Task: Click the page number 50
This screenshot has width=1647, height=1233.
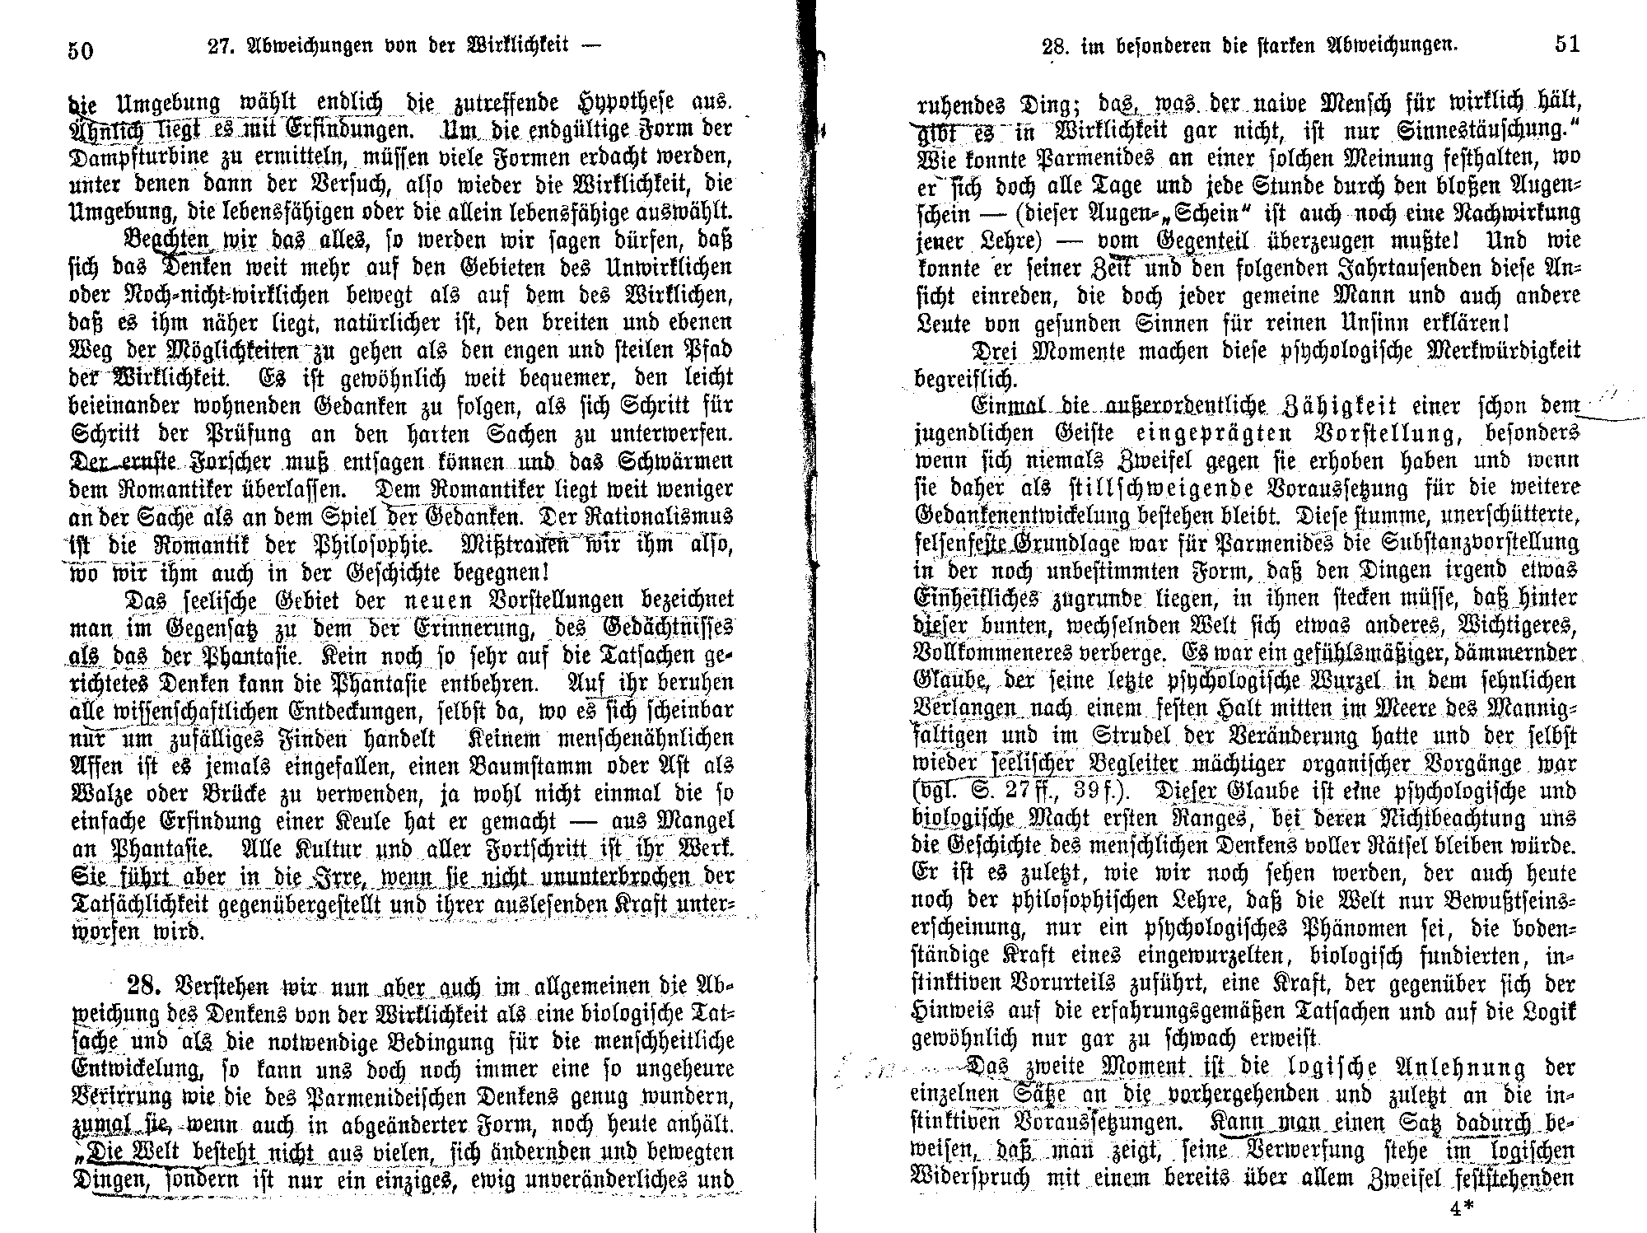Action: click(x=80, y=50)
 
